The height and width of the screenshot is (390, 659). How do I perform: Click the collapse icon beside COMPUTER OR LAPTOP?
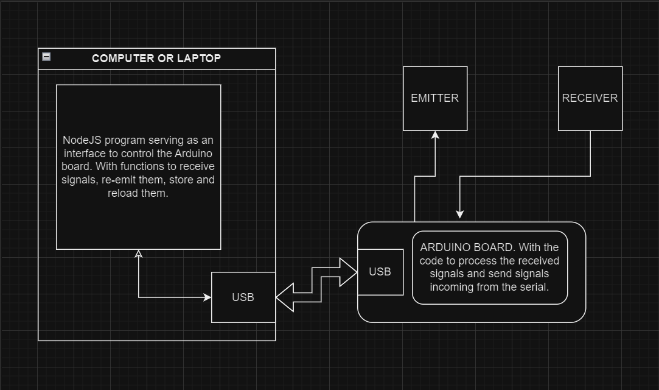46,57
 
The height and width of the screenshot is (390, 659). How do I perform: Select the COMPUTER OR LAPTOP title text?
156,58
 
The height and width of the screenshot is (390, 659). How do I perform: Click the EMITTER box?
435,98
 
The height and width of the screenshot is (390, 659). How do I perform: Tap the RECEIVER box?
590,98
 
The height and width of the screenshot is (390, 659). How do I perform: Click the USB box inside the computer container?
243,297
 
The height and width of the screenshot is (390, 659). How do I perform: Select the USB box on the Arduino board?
380,272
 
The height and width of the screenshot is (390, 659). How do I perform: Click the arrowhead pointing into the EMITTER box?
435,135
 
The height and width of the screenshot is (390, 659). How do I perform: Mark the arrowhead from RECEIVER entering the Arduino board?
460,213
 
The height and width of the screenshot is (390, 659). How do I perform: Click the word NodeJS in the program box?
82,140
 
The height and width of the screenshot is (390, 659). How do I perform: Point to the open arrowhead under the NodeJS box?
139,254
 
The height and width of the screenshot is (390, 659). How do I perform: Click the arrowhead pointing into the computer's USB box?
207,297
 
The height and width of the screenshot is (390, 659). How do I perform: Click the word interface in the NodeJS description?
83,153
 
